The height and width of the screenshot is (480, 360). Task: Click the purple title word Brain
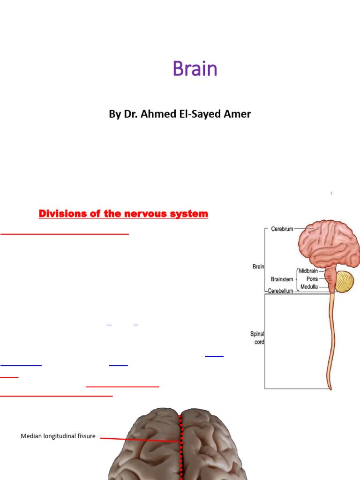point(195,69)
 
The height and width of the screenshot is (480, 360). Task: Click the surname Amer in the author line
point(238,114)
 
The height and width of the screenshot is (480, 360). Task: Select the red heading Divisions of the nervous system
point(123,214)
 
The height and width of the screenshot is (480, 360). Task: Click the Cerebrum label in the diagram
point(282,229)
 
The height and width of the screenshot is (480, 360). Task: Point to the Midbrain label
point(308,271)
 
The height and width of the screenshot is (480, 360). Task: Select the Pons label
point(312,279)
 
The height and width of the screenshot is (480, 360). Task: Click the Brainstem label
point(282,279)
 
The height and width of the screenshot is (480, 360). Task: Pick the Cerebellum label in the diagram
point(280,291)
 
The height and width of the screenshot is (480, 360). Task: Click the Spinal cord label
point(257,338)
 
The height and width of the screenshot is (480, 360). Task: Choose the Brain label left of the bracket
point(258,266)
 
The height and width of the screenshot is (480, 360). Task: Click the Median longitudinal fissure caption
point(58,436)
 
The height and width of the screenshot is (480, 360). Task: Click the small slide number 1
point(331,193)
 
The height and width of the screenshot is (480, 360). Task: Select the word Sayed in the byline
point(206,114)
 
